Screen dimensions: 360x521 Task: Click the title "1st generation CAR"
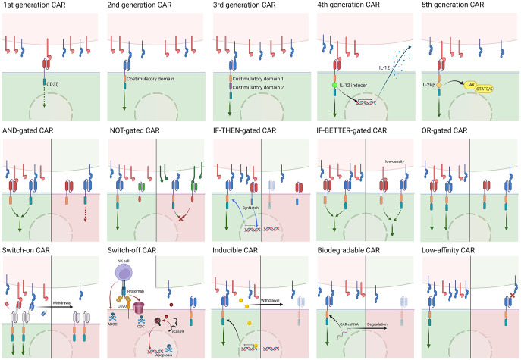33,6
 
